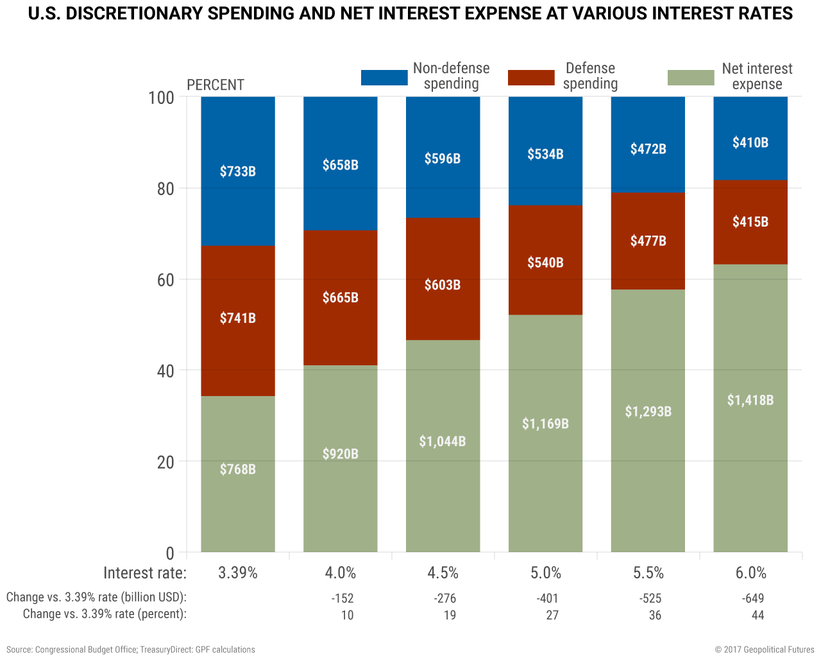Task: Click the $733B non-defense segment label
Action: (x=238, y=171)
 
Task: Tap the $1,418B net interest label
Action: (x=750, y=401)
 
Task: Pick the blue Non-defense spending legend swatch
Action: (x=384, y=78)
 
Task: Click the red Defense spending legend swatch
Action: (x=531, y=78)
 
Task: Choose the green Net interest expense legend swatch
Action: (x=691, y=78)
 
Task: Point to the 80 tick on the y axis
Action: (x=162, y=189)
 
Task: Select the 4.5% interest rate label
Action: (x=443, y=573)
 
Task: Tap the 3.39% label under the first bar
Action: (x=238, y=573)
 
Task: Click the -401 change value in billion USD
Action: (x=548, y=598)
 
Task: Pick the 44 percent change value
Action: (x=758, y=615)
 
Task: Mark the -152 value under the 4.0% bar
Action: (x=343, y=598)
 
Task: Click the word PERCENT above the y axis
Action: (x=216, y=85)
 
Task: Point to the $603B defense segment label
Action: (x=443, y=285)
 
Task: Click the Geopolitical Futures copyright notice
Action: (x=765, y=650)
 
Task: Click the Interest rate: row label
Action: (x=145, y=573)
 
